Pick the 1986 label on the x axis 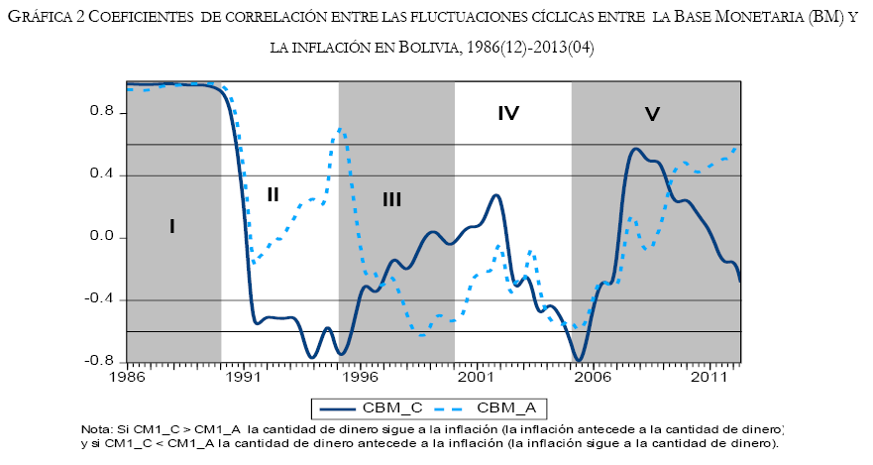(127, 378)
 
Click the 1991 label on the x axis (243, 378)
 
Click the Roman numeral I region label (171, 227)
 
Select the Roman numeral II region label (273, 194)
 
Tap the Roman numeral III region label (391, 200)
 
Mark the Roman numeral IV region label (508, 113)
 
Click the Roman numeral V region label (652, 115)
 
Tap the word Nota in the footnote (97, 428)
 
